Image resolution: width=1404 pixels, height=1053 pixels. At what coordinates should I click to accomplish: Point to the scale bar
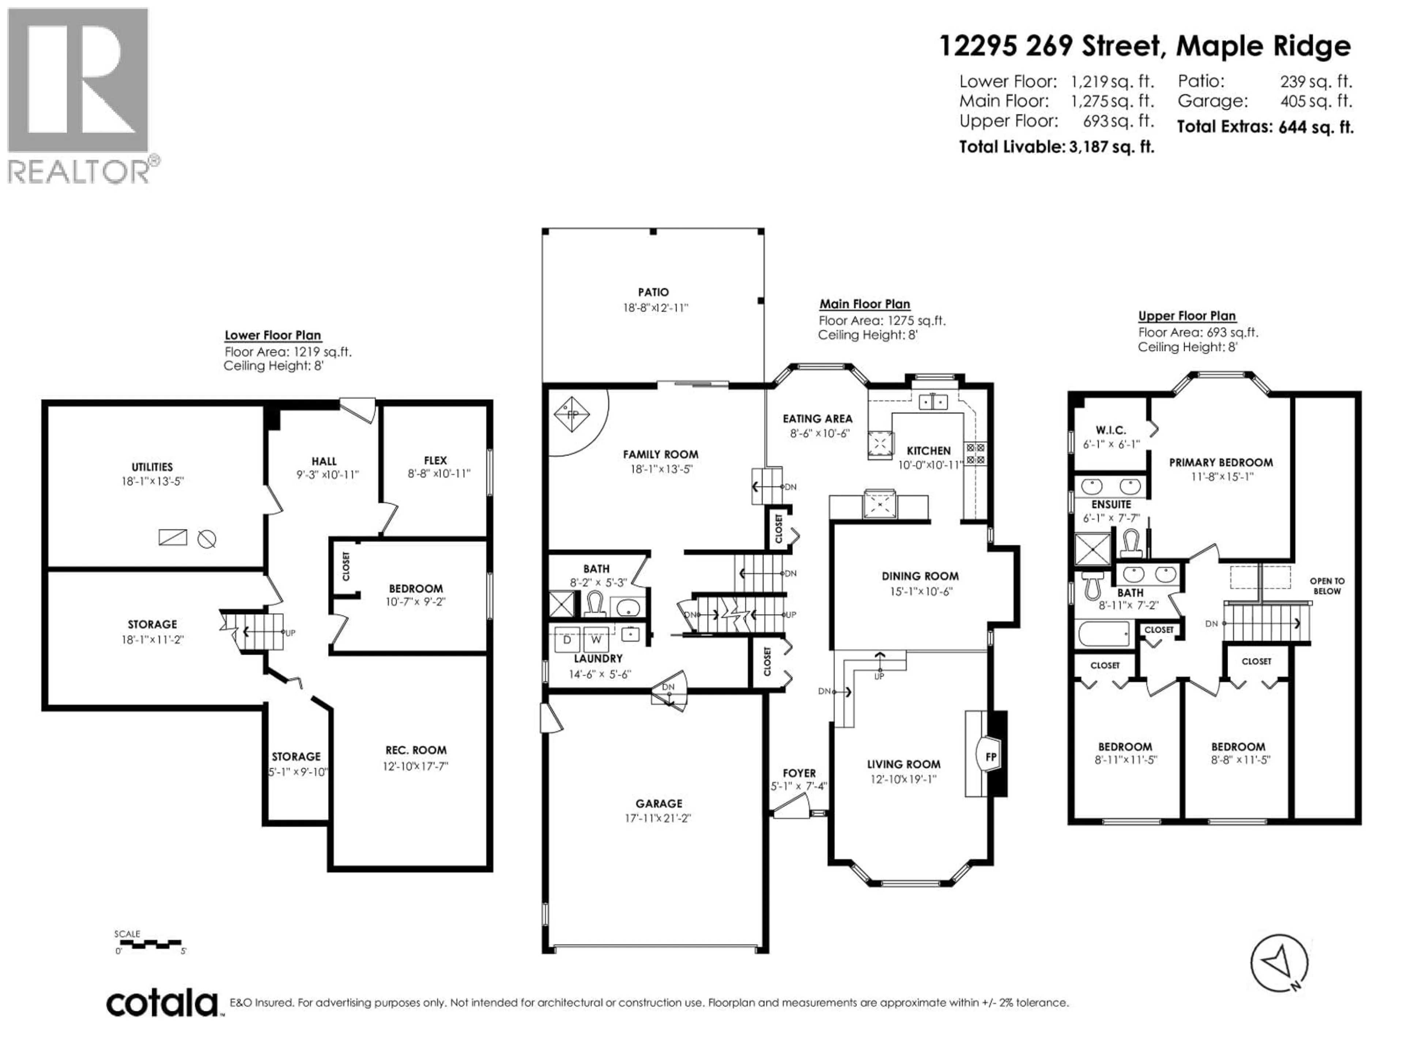pyautogui.click(x=150, y=944)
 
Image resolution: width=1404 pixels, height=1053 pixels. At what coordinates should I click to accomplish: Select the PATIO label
pyautogui.click(x=653, y=292)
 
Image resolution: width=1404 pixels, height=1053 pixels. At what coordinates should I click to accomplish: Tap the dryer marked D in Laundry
pyautogui.click(x=567, y=639)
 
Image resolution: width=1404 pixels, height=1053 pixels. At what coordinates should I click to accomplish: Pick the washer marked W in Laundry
pyautogui.click(x=595, y=639)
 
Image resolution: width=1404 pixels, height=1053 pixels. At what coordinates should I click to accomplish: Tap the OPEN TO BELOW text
pyautogui.click(x=1326, y=585)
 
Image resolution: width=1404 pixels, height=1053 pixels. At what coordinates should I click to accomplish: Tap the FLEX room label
pyautogui.click(x=435, y=460)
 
